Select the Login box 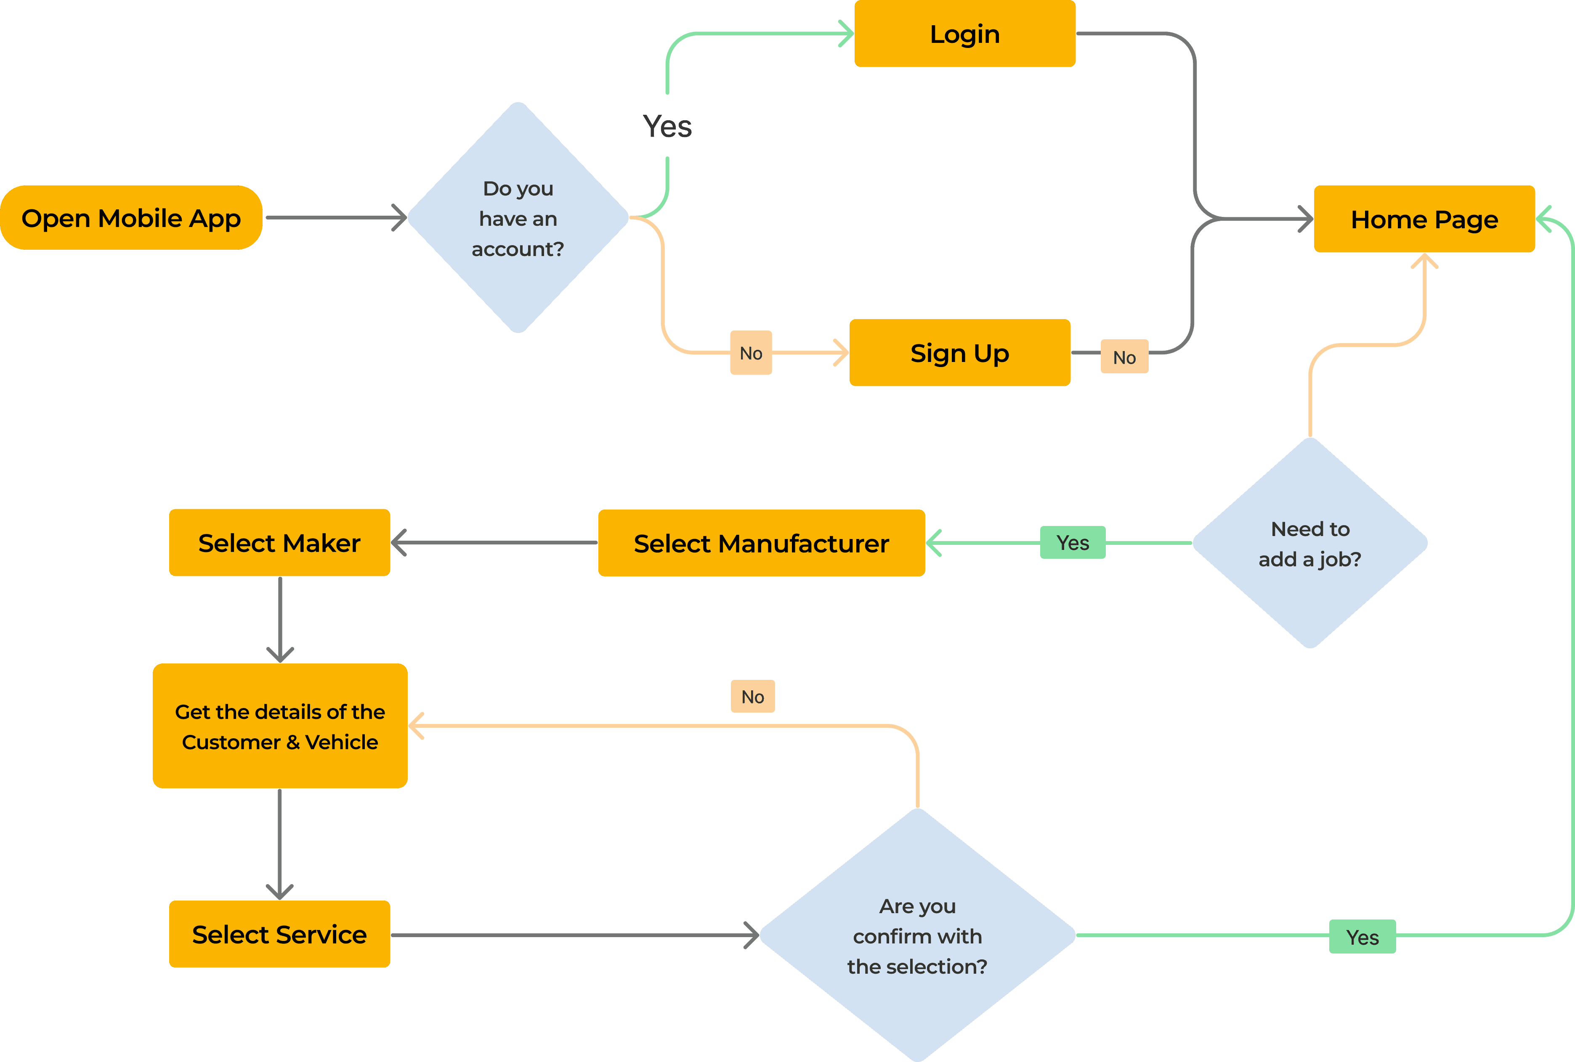coord(964,34)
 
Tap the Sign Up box coord(960,353)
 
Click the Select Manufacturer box coord(761,543)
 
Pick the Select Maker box coord(279,542)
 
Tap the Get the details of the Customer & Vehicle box coord(280,726)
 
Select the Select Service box coord(279,935)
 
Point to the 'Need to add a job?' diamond coord(1309,543)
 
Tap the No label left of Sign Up coord(751,353)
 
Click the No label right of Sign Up coord(1124,357)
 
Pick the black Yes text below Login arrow coord(667,127)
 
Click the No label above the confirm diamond coord(752,696)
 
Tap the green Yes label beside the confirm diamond coord(1362,937)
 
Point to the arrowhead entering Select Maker coord(398,542)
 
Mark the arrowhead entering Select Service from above coord(280,892)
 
